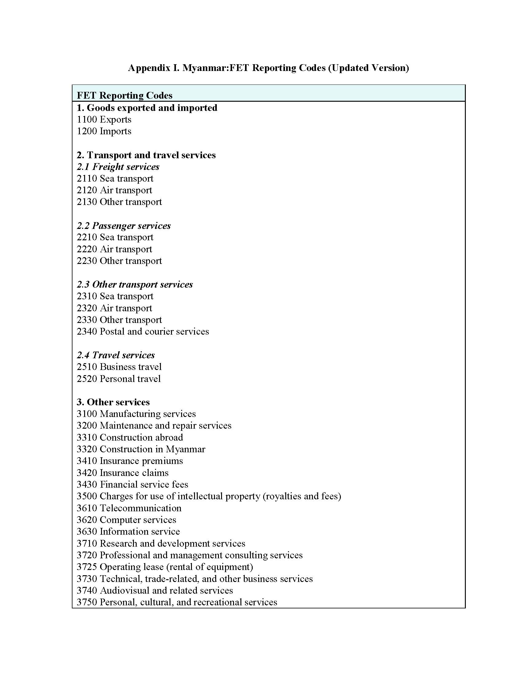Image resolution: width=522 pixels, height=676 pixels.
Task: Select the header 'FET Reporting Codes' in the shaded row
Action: coord(124,95)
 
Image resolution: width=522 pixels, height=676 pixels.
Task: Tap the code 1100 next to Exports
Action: coord(87,120)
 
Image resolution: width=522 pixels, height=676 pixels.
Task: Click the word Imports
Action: coord(116,131)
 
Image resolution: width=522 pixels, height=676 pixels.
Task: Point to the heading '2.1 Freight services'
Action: coord(118,167)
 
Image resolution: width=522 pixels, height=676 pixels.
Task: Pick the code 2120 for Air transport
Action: coord(87,190)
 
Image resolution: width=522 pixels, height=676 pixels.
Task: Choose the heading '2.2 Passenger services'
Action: coord(124,226)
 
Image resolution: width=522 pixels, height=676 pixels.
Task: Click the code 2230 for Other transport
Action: coord(87,261)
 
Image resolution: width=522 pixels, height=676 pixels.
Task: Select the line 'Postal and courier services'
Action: coord(154,332)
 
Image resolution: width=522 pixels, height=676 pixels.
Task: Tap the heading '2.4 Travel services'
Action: coord(116,355)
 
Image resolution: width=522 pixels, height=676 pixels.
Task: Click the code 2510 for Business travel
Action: coord(87,367)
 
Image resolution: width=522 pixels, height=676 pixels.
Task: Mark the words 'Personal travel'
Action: coord(130,379)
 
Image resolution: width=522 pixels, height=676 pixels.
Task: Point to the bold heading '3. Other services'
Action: coord(113,402)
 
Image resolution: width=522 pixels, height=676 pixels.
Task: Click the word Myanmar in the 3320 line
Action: coord(185,449)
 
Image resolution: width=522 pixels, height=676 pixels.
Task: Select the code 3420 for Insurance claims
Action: coord(87,473)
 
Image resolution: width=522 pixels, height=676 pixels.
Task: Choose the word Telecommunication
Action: coord(141,508)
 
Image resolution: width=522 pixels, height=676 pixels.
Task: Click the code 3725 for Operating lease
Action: coord(87,567)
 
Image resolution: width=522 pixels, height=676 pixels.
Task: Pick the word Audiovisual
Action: coord(125,590)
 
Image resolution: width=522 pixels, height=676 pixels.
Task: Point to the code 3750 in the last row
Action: coord(87,602)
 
